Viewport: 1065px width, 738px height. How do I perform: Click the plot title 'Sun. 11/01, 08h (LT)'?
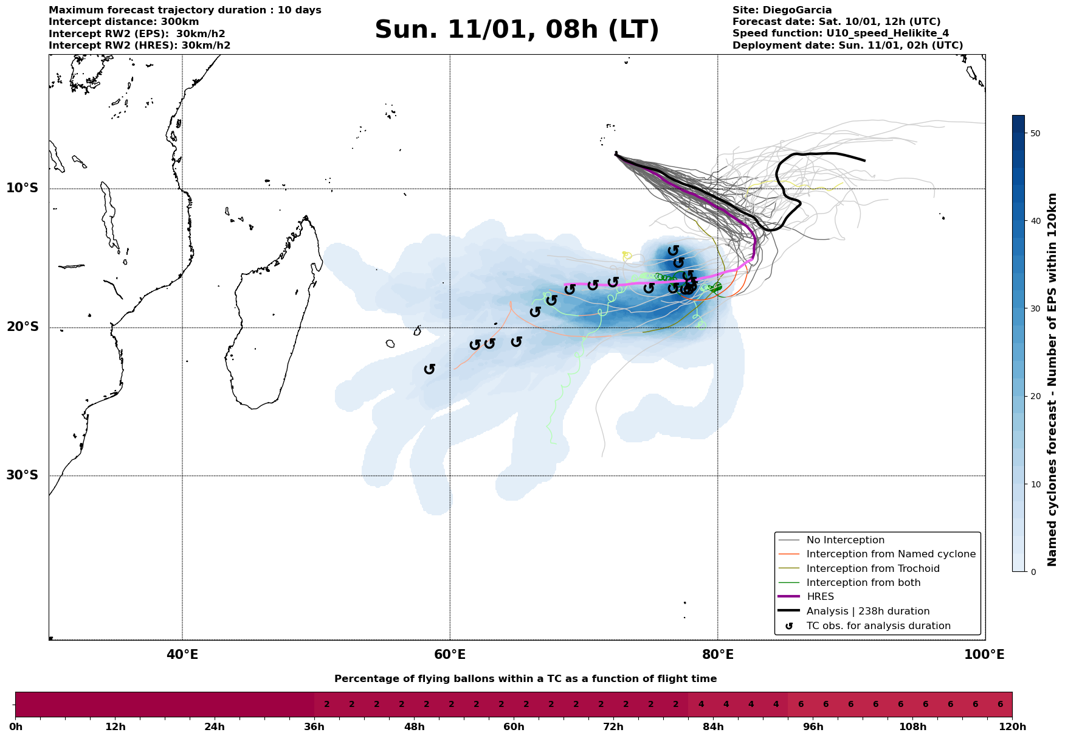517,30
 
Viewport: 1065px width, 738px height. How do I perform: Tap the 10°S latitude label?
22,188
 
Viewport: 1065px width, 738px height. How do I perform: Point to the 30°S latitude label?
22,475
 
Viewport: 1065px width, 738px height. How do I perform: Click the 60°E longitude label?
450,655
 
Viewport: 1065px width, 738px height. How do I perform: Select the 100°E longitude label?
985,655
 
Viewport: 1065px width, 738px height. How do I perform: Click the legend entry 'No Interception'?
845,540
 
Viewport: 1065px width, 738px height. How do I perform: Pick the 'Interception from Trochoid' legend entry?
872,569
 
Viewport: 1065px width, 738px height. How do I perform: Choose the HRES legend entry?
820,597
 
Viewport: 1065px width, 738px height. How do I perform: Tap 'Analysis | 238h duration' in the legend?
867,611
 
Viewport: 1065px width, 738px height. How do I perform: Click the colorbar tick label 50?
1036,133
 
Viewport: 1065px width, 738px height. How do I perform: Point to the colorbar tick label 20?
1036,397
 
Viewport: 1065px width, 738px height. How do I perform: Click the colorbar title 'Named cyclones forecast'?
1053,380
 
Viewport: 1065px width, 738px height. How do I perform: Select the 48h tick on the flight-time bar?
414,727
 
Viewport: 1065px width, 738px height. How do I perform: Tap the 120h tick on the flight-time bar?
1012,727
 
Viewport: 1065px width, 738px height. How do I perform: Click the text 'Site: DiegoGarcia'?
782,10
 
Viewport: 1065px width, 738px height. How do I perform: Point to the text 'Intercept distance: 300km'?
123,22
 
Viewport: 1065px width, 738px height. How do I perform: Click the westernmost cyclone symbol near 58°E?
430,369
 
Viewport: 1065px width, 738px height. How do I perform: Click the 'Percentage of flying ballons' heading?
525,679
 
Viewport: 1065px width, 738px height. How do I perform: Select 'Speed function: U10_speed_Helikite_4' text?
840,33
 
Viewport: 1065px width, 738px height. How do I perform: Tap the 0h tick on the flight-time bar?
16,727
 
